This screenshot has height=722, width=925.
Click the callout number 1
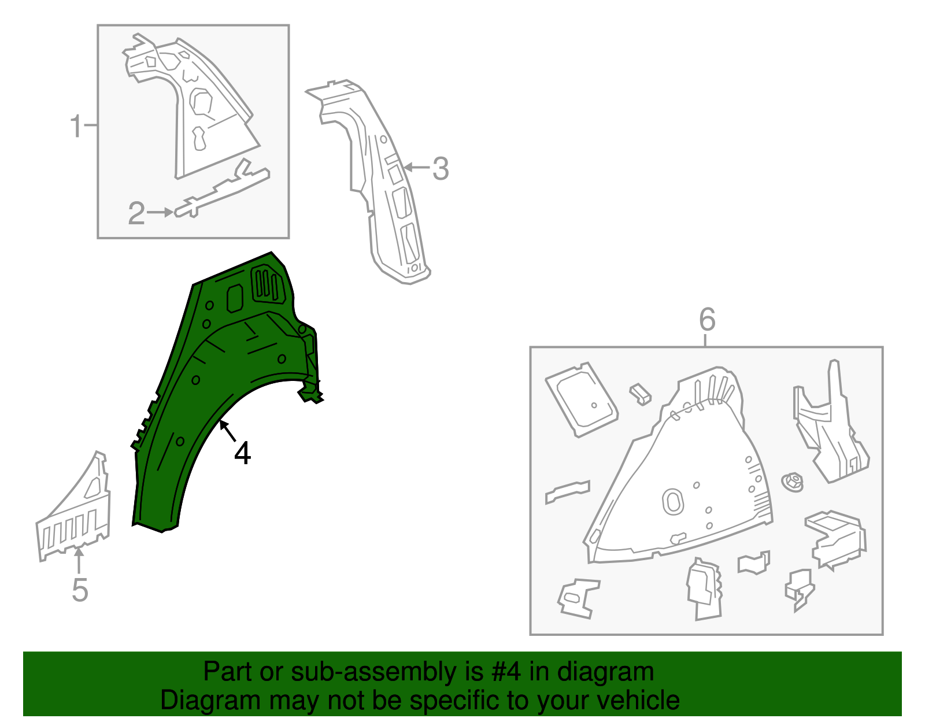(76, 126)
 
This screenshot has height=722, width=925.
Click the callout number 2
(136, 213)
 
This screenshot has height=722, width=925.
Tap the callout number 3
(441, 169)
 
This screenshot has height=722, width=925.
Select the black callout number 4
(243, 453)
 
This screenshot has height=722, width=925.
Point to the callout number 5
(80, 590)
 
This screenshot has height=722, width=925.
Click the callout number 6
(707, 319)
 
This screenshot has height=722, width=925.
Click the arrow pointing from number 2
(160, 213)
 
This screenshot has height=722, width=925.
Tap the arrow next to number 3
(416, 168)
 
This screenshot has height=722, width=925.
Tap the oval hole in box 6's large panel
(673, 501)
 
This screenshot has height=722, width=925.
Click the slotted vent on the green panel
(268, 284)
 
